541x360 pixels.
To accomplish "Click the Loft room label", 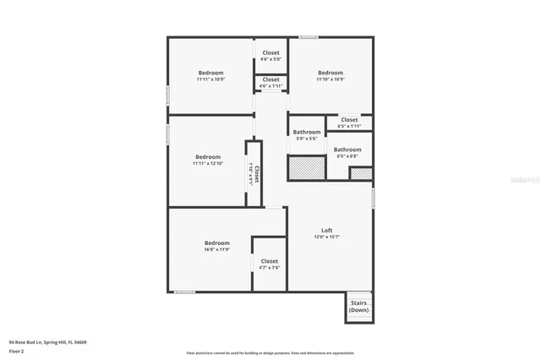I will point(327,231).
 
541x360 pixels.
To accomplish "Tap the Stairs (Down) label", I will point(358,306).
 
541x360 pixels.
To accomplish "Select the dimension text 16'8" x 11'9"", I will point(217,250).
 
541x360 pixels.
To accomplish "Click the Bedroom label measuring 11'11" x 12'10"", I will point(207,157).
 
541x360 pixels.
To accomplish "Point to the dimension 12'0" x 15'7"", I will point(327,237).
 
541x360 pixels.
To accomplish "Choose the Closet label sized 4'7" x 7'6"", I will point(270,262).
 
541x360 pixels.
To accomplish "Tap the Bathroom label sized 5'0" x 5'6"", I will point(307,132).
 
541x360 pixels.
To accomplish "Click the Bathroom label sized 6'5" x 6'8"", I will point(347,150).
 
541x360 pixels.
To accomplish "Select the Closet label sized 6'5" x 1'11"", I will point(349,120).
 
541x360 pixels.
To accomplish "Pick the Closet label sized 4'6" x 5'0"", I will point(270,53).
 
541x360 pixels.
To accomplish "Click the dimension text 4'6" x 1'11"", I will point(270,86).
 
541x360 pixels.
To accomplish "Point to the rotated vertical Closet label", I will point(257,174).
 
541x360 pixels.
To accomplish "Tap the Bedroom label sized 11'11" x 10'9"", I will point(210,73).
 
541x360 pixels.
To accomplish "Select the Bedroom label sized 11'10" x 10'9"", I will point(331,73).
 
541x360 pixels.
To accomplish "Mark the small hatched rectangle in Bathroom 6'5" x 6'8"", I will point(361,173).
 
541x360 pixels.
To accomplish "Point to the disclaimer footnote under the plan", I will point(270,352).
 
